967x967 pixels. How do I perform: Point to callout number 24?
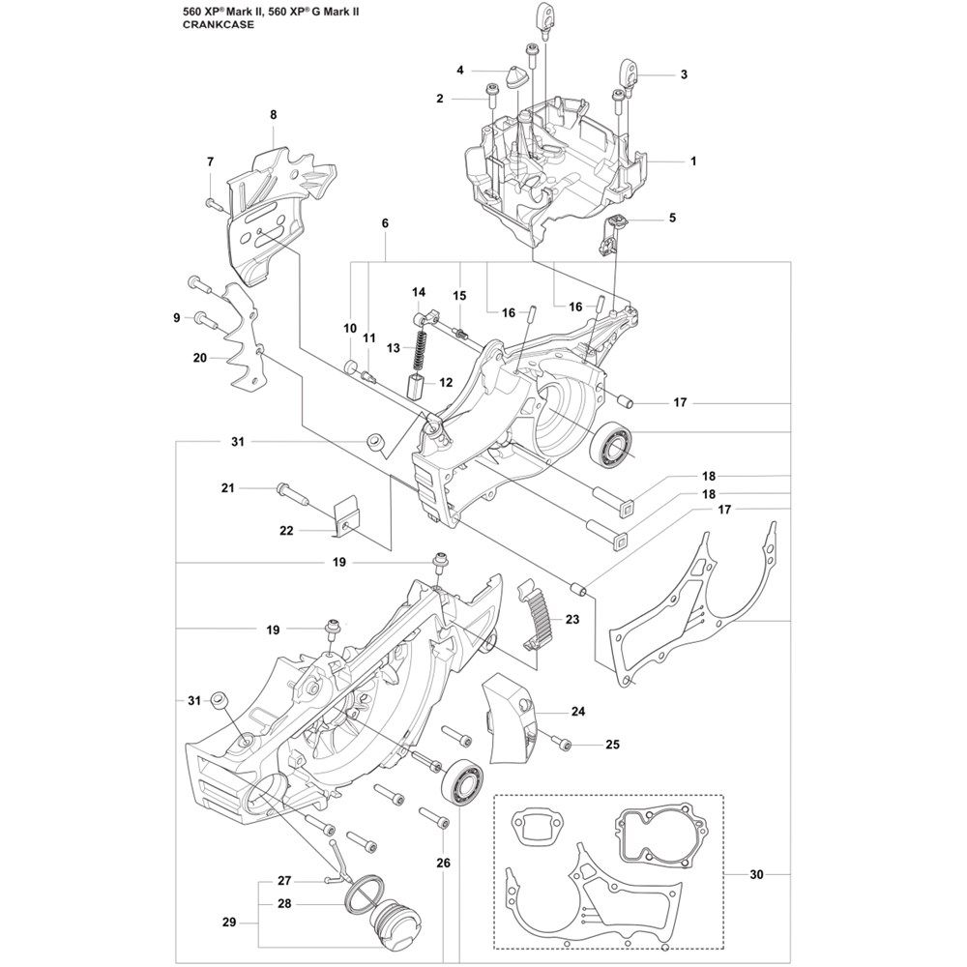[577, 713]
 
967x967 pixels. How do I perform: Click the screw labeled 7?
[215, 203]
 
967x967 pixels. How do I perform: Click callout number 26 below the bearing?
[443, 864]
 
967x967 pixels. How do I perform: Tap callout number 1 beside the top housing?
[693, 161]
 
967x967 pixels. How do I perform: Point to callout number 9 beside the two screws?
[177, 317]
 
